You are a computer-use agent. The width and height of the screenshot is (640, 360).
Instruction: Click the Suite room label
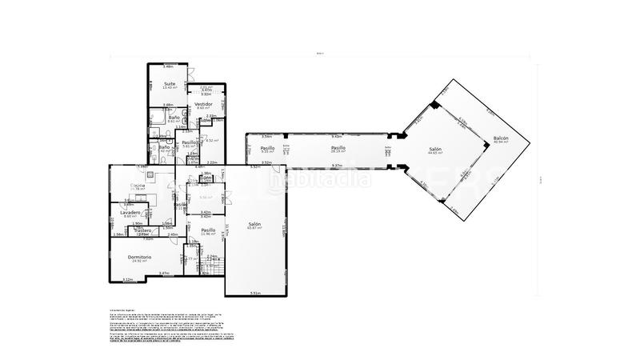[170, 83]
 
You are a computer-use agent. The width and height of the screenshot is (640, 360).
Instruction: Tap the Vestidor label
[202, 105]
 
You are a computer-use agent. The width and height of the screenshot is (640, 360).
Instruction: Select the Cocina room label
[138, 186]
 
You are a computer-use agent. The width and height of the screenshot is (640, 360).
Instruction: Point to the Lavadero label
[131, 212]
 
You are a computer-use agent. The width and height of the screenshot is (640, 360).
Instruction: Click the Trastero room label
[143, 230]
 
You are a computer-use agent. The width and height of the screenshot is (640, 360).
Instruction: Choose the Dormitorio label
[140, 256]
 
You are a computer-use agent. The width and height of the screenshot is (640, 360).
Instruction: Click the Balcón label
[501, 138]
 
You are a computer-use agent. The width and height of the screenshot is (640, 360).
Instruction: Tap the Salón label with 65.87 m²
[255, 224]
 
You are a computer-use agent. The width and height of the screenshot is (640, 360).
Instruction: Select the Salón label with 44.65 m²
[436, 149]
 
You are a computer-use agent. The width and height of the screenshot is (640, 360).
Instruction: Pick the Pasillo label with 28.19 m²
[338, 147]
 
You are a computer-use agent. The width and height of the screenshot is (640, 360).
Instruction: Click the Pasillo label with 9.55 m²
[268, 147]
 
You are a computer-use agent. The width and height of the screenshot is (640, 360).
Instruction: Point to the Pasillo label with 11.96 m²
[208, 230]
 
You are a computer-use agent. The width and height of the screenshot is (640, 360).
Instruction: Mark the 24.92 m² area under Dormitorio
[140, 261]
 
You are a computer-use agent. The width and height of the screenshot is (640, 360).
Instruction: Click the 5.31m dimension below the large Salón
[255, 293]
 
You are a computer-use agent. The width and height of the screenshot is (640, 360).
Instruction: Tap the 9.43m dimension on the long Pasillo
[337, 136]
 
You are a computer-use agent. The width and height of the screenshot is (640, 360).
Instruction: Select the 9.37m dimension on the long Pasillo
[337, 165]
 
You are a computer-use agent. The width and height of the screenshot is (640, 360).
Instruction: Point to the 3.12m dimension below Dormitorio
[127, 279]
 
